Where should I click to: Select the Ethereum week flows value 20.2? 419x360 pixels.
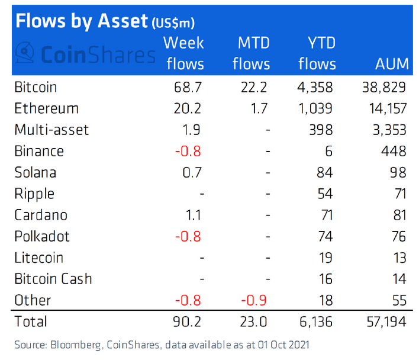click(188, 108)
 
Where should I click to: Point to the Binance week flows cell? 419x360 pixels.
click(188, 151)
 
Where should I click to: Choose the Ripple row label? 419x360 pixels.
click(34, 194)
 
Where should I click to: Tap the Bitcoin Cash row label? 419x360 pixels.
click(53, 279)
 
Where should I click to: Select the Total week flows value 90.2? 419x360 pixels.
click(188, 322)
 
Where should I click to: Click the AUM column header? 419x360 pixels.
click(391, 64)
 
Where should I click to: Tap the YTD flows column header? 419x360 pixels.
click(317, 53)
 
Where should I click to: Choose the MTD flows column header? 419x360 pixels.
click(251, 53)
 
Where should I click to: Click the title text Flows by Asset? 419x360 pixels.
click(80, 21)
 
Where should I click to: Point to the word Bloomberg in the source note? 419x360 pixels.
click(69, 345)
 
